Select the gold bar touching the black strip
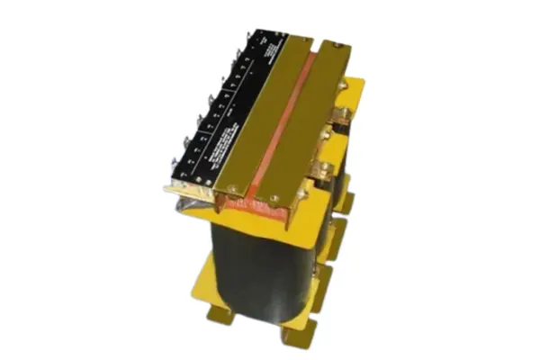pyautogui.click(x=256, y=117)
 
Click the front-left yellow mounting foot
pyautogui.click(x=219, y=315)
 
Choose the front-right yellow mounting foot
pyautogui.click(x=297, y=337)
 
